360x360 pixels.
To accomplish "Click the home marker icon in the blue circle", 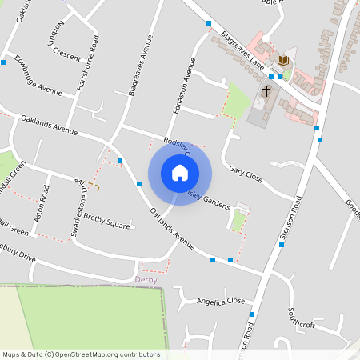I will [180, 173].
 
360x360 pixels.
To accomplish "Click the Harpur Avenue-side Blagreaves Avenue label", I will [137, 65].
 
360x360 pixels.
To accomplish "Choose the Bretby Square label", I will [106, 218].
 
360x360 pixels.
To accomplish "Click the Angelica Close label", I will [221, 301].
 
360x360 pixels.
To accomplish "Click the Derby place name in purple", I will [146, 279].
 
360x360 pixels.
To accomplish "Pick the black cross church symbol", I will [266, 91].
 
